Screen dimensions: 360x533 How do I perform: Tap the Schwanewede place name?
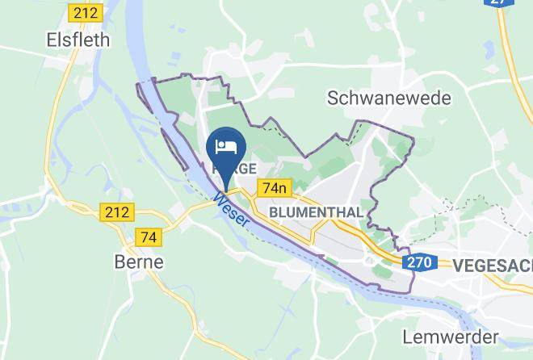click(x=389, y=98)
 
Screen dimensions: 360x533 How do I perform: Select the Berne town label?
click(x=138, y=262)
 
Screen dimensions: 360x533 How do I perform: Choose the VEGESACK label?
click(x=493, y=264)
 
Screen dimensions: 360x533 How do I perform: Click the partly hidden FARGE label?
click(x=234, y=169)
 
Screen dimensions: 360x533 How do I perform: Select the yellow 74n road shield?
click(x=274, y=188)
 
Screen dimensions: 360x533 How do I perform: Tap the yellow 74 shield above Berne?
click(x=149, y=237)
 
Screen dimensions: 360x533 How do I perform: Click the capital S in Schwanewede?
click(x=333, y=98)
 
